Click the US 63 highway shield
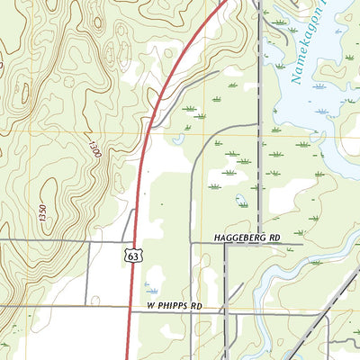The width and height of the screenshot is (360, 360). [132, 256]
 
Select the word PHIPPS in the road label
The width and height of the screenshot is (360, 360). [175, 307]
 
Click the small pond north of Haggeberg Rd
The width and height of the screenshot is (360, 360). [241, 200]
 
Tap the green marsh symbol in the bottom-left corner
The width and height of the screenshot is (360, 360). [8, 345]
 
